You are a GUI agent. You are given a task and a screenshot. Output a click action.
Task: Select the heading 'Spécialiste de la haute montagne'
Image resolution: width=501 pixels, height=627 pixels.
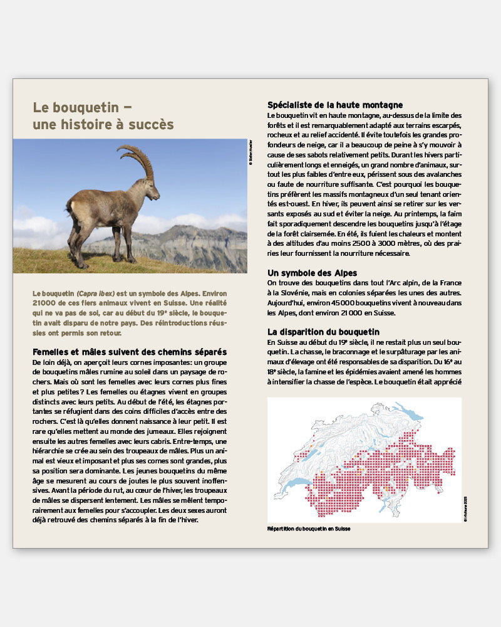[x=335, y=105]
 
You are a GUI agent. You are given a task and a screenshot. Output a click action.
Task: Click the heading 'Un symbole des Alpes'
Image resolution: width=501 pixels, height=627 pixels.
[x=312, y=273]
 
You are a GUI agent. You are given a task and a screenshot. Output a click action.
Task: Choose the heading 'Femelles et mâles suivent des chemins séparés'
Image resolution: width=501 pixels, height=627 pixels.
[x=130, y=352]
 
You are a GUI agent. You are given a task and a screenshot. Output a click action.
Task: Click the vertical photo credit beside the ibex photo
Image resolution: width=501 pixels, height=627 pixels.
[x=250, y=152]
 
